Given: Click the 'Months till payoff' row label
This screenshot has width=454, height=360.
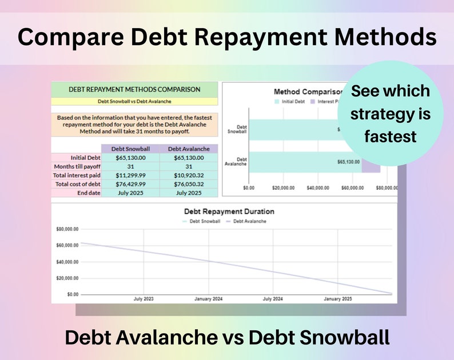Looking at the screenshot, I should [77, 166].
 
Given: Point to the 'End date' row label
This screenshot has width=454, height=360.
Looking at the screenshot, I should [88, 193].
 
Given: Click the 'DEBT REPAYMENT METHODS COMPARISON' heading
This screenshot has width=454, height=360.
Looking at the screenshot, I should [134, 89].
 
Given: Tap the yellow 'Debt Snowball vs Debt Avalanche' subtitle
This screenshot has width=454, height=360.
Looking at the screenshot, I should [134, 102].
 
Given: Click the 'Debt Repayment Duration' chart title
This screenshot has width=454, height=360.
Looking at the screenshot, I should [229, 211].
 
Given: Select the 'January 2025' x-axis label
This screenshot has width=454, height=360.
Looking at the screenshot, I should [338, 299].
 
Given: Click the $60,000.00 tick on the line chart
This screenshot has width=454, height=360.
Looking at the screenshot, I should [67, 246].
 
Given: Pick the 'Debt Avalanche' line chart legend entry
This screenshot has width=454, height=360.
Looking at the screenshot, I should [249, 221].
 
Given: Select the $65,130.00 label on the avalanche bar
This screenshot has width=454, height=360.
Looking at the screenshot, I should [348, 162].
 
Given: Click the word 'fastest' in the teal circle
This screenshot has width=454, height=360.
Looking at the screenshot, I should [390, 137].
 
